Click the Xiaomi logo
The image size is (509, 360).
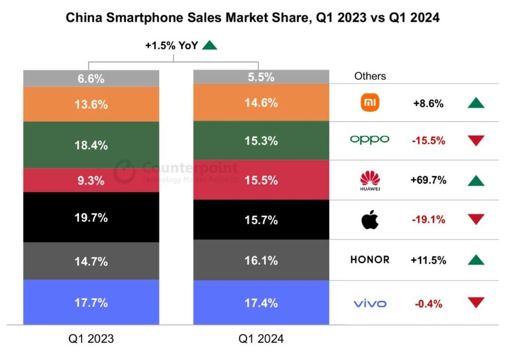(370, 102)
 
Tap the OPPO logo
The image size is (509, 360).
(370, 140)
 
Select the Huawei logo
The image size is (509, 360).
(370, 180)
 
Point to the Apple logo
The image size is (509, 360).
(370, 220)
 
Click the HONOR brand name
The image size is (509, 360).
(370, 260)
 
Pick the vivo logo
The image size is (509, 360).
(370, 304)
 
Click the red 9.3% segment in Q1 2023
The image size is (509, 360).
(91, 180)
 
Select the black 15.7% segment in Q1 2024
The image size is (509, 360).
(261, 220)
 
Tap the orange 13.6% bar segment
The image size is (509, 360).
(91, 104)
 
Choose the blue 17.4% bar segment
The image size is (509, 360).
(261, 302)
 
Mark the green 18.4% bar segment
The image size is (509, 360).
(91, 145)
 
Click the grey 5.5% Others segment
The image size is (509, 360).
(261, 77)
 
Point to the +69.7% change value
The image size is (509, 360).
(428, 180)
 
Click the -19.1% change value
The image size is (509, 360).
(428, 220)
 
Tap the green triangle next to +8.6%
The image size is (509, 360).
(476, 103)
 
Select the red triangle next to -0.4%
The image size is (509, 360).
(476, 302)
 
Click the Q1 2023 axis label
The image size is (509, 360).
(91, 339)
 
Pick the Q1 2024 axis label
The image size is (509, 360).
(261, 339)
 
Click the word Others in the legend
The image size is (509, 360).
(370, 76)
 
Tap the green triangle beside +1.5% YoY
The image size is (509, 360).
(209, 45)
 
